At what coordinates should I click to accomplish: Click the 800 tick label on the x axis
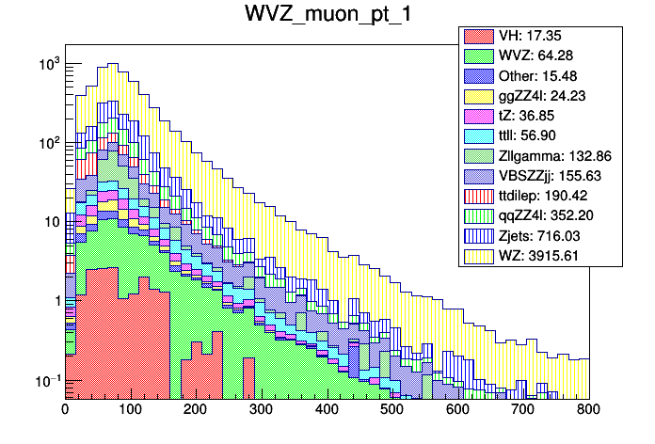[589, 410]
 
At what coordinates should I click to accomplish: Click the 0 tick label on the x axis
[65, 410]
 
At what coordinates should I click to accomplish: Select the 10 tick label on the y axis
[49, 222]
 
